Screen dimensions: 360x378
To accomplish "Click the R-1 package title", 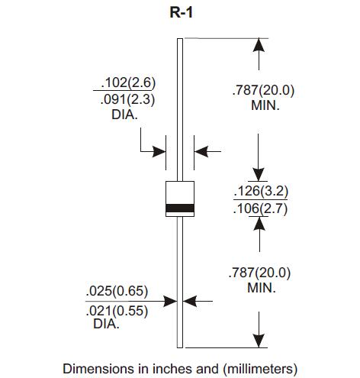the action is [x=181, y=12].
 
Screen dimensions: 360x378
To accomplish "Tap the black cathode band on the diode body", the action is [x=180, y=208].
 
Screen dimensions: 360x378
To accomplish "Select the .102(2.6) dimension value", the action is [x=128, y=82].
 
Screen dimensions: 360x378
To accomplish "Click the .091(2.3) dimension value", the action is [x=127, y=99].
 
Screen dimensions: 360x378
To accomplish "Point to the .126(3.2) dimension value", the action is [x=261, y=191].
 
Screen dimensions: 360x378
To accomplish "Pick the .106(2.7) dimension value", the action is [x=260, y=208].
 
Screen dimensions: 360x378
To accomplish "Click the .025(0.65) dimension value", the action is [x=117, y=291].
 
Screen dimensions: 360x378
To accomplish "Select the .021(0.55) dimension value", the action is [x=117, y=311].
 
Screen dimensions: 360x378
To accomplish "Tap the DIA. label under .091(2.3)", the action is [x=124, y=115].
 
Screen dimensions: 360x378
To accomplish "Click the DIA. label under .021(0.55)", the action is [x=106, y=324].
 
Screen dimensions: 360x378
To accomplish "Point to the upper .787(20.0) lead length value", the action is [x=263, y=90].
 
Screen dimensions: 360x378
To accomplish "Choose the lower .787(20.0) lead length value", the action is [x=259, y=273].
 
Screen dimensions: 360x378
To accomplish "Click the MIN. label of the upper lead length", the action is [x=265, y=105].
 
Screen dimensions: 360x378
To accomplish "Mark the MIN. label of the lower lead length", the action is [x=262, y=288].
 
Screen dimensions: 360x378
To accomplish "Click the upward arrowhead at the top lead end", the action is [x=259, y=45].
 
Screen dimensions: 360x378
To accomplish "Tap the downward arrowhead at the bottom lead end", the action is [x=259, y=341].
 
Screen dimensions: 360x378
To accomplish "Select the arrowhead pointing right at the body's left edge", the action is [x=159, y=152].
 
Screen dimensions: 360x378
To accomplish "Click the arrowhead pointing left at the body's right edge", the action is [x=201, y=152].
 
